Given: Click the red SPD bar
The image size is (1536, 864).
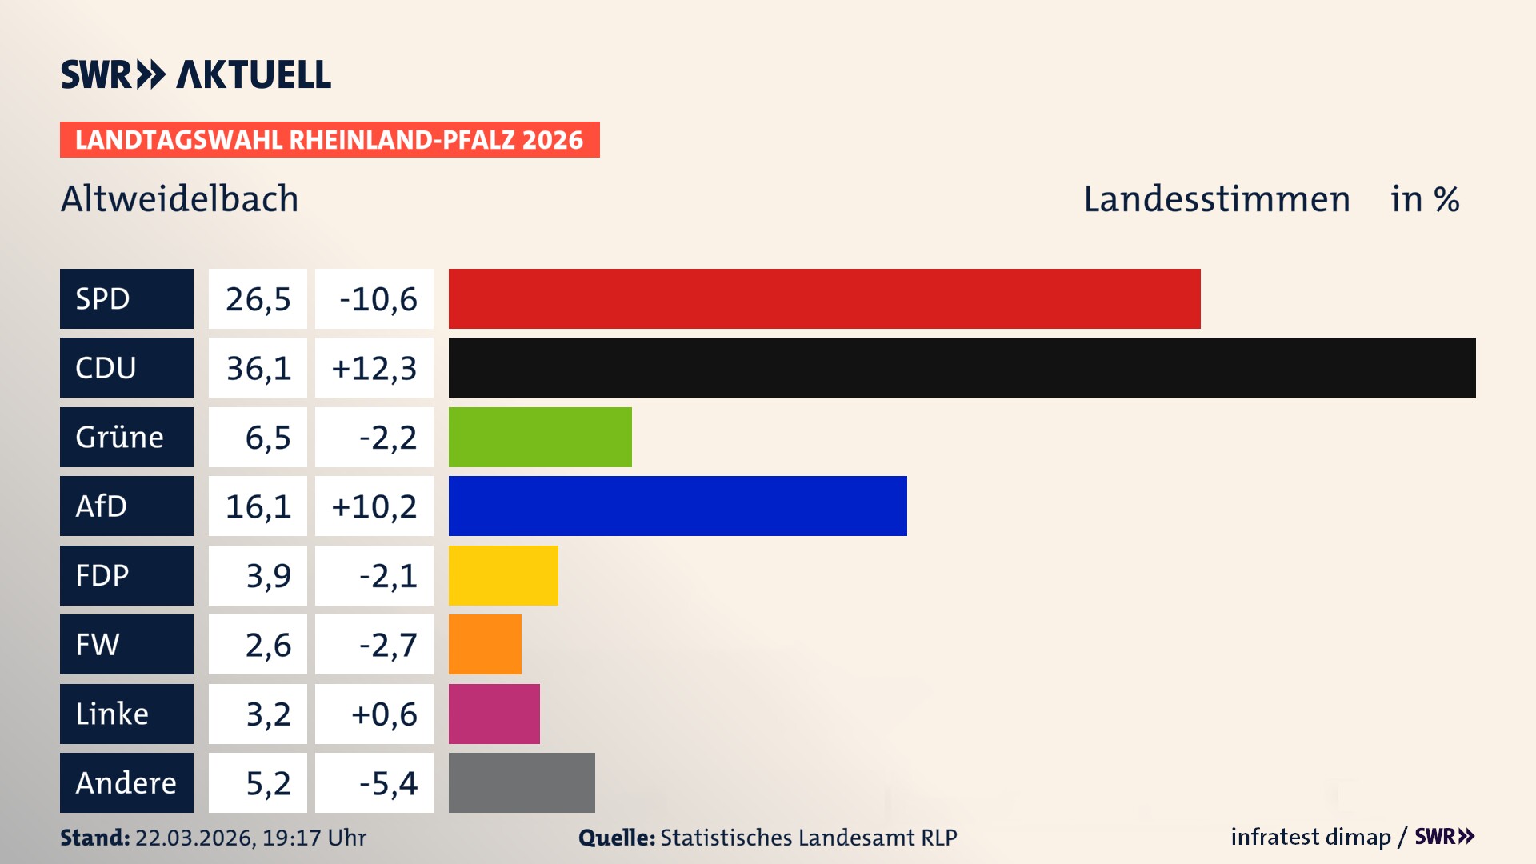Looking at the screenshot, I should (x=824, y=298).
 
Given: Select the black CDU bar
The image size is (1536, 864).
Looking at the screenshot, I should (x=962, y=367).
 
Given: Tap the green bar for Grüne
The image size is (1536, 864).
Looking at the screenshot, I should (x=540, y=437).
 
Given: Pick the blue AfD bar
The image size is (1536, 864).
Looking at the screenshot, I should (x=678, y=506).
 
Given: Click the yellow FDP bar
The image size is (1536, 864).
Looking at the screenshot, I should (x=503, y=575).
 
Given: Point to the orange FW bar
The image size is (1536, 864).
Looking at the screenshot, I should (x=485, y=644).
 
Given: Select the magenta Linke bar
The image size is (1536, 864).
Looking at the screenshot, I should (x=494, y=714).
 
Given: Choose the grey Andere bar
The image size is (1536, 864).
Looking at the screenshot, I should (x=522, y=782).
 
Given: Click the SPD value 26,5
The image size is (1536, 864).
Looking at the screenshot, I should (x=258, y=299).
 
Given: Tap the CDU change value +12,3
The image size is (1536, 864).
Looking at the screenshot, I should (x=374, y=368).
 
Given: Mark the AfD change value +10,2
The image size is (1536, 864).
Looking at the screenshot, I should (x=374, y=506).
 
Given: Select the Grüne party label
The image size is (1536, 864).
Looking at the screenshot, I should (x=120, y=437).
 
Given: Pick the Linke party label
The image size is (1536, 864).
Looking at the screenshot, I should (x=112, y=714).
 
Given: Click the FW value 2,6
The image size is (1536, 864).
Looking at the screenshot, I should (x=268, y=645).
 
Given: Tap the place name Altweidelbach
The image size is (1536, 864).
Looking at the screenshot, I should (x=179, y=198).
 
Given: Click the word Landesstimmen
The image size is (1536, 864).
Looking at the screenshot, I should (x=1216, y=198).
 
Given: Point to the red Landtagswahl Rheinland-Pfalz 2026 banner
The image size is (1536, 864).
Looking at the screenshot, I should (x=330, y=139).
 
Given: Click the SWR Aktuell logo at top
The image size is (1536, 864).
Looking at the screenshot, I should (x=195, y=74).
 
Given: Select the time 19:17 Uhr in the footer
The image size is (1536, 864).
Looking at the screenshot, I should (x=314, y=838).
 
